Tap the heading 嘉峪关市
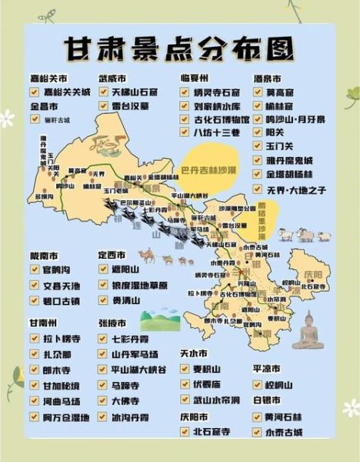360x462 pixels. tap(48, 79)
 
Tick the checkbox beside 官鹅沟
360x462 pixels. tap(35, 270)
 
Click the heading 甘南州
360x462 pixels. tap(43, 323)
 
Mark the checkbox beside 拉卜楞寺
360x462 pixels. tap(35, 338)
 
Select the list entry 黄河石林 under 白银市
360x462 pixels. tap(282, 417)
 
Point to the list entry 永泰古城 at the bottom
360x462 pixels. tap(282, 432)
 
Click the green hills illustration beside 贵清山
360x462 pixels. tap(160, 317)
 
